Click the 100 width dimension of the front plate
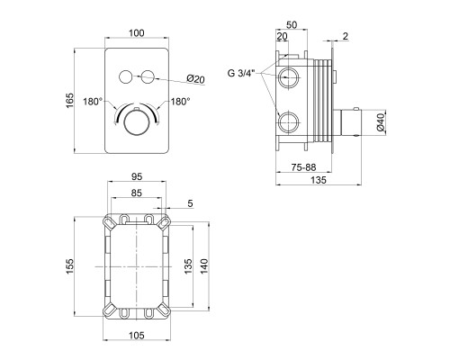pyautogui.click(x=137, y=32)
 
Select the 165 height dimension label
pyautogui.click(x=69, y=101)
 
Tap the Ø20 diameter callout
pyautogui.click(x=195, y=79)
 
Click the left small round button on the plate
pyautogui.click(x=125, y=76)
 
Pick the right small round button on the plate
pyautogui.click(x=148, y=76)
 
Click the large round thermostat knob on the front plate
pyautogui.click(x=137, y=123)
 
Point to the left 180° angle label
pyautogui.click(x=93, y=102)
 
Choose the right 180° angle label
pyautogui.click(x=181, y=102)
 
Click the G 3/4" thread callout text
pyautogui.click(x=241, y=73)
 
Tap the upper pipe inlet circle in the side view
pyautogui.click(x=288, y=77)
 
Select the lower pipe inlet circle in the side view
pyautogui.click(x=288, y=122)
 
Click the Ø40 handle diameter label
pyautogui.click(x=381, y=123)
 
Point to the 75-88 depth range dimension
pyautogui.click(x=303, y=167)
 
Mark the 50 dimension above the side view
pyautogui.click(x=292, y=25)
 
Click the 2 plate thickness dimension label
pyautogui.click(x=346, y=36)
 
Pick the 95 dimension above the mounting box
pyautogui.click(x=137, y=177)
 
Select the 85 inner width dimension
pyautogui.click(x=137, y=193)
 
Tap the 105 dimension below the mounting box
pyautogui.click(x=137, y=336)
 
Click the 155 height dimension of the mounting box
pyautogui.click(x=69, y=266)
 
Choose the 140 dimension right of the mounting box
pyautogui.click(x=204, y=266)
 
